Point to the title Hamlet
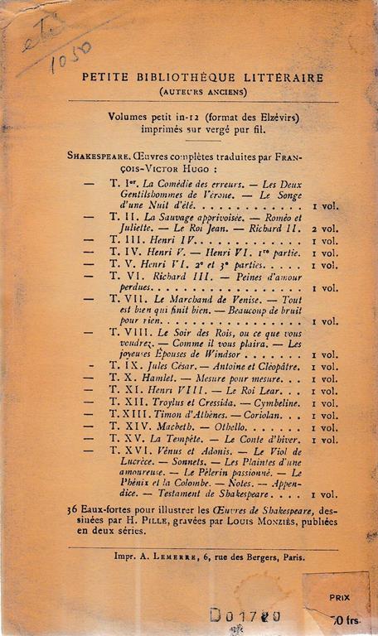[157, 377]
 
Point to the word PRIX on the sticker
[338, 595]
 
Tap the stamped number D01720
[245, 615]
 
